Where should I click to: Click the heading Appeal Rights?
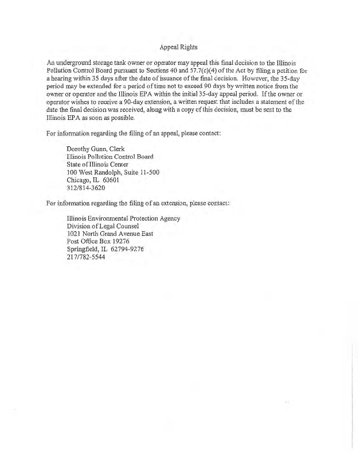[x=180, y=48]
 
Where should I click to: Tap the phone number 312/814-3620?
[x=86, y=188]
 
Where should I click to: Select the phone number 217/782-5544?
[x=86, y=257]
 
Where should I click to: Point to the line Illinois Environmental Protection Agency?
[x=123, y=218]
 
